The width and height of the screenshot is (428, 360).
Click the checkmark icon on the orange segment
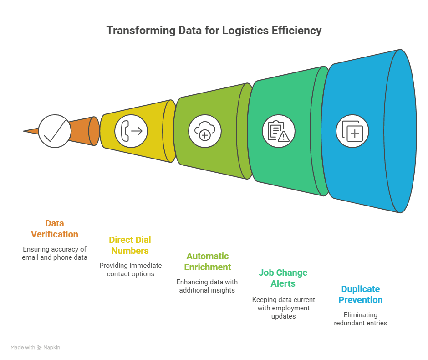click(55, 131)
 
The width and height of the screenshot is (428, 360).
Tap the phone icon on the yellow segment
click(131, 131)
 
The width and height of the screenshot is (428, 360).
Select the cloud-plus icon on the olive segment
click(205, 131)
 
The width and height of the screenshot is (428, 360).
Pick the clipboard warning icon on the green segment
click(278, 131)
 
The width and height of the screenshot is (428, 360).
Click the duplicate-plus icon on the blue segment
click(352, 131)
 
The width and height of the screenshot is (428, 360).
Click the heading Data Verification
click(55, 229)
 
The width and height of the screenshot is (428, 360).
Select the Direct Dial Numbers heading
click(130, 245)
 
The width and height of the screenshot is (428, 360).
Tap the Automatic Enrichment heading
click(208, 262)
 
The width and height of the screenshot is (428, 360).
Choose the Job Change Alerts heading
click(283, 278)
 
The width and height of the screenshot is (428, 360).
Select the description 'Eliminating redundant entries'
click(361, 319)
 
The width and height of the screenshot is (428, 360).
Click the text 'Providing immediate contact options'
click(130, 269)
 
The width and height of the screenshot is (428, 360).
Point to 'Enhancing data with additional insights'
click(207, 286)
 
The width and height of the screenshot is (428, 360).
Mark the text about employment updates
click(283, 308)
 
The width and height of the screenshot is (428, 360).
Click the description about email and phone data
click(54, 253)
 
